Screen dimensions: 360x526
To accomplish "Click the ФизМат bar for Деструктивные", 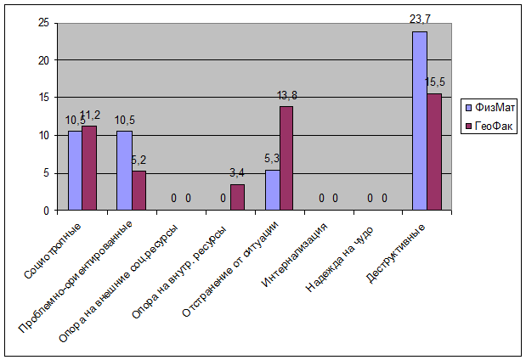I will click(x=420, y=121).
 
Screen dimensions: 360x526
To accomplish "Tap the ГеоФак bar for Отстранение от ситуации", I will click(x=286, y=158).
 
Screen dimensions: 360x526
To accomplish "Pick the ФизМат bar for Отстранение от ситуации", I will click(x=272, y=189).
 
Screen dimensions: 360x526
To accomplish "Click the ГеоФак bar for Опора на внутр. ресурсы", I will click(x=237, y=197).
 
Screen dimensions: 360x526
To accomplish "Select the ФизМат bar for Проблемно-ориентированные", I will click(x=124, y=170).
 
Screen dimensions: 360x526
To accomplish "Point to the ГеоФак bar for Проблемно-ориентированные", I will click(x=139, y=190).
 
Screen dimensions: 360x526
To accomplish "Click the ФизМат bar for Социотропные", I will click(x=75, y=170).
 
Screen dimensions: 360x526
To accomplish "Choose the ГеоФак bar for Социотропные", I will click(x=89, y=167).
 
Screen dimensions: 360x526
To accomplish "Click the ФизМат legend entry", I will click(x=488, y=108).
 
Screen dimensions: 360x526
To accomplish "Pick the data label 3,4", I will click(x=238, y=174).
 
